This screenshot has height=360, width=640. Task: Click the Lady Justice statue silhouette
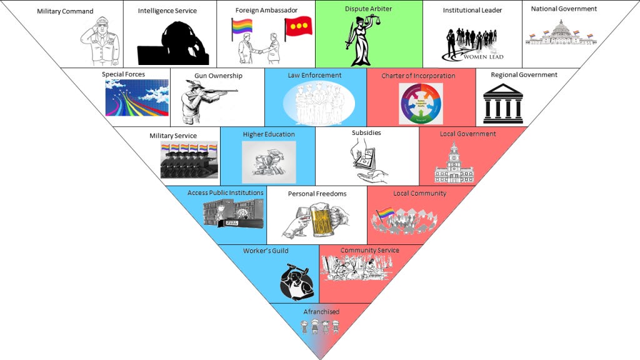pyautogui.click(x=361, y=41)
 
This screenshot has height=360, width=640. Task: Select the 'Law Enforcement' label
pyautogui.click(x=314, y=76)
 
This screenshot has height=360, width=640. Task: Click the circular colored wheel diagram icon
pyautogui.click(x=421, y=103)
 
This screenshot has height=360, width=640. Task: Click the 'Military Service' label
pyautogui.click(x=173, y=136)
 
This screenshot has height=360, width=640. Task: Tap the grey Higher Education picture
pyautogui.click(x=269, y=162)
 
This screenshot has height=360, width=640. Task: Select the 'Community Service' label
pyautogui.click(x=369, y=251)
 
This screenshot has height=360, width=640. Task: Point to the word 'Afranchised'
pyautogui.click(x=321, y=312)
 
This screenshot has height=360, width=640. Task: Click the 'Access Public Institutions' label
pyautogui.click(x=225, y=193)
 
